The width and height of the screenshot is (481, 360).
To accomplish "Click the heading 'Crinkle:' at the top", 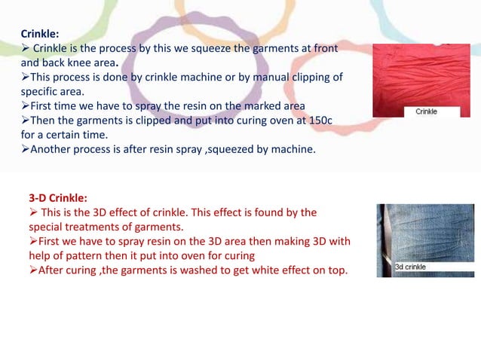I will pyautogui.click(x=39, y=33).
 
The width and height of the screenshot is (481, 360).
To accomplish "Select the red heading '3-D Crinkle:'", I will pyautogui.click(x=59, y=198).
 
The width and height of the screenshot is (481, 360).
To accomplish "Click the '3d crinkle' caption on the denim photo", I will pyautogui.click(x=411, y=267).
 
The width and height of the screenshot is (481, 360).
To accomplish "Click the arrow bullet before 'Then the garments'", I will pyautogui.click(x=25, y=120).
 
